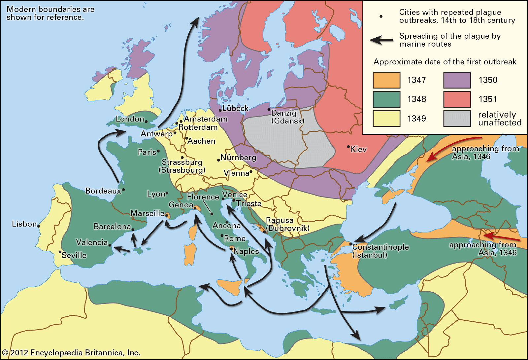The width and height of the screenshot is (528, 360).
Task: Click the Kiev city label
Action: click(359, 149)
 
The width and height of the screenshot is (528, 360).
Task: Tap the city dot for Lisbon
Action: click(39, 226)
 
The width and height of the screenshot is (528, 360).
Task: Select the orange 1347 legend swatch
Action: click(386, 80)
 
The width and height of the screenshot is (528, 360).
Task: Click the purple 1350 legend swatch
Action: click(457, 80)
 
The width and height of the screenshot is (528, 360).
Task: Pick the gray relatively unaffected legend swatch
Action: click(457, 119)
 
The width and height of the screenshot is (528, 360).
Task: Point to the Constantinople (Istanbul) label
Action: click(380, 251)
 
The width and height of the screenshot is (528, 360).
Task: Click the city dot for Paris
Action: click(158, 151)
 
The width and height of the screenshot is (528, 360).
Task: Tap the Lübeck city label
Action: click(235, 108)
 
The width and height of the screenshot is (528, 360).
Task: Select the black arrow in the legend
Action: click(381, 40)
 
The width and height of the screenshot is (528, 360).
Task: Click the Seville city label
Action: click(74, 255)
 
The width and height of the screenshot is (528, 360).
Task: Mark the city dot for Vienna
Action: click(251, 171)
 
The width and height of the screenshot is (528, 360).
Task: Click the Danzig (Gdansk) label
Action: click(287, 117)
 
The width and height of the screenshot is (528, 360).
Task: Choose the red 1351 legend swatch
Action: click(457, 99)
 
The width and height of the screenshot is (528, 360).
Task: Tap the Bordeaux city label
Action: click(103, 191)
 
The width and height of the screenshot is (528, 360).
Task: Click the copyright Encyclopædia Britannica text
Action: click(71, 353)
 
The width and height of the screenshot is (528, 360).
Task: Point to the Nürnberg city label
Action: click(238, 158)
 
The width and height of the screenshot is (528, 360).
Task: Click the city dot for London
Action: click(146, 122)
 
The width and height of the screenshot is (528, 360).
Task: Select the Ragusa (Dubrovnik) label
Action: click(287, 224)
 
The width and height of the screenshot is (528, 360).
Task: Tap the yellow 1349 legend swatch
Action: click(386, 119)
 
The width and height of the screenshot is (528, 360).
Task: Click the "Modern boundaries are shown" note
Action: click(50, 13)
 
